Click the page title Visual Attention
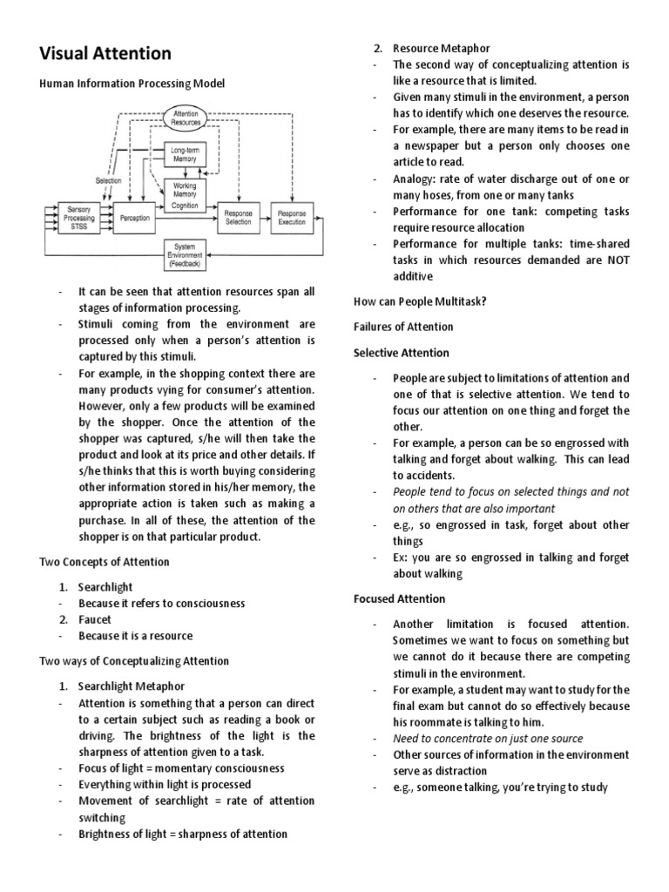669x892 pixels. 105,53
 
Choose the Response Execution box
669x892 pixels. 292,218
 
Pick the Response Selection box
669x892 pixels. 239,218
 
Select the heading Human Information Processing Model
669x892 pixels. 132,84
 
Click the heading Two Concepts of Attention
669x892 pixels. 105,562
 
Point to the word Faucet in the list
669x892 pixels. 95,619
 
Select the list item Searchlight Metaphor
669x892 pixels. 131,686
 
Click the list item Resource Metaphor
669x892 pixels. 441,48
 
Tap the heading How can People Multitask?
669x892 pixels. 420,301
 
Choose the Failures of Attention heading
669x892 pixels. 403,327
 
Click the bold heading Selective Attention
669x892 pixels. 402,353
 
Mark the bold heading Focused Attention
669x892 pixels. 399,598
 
